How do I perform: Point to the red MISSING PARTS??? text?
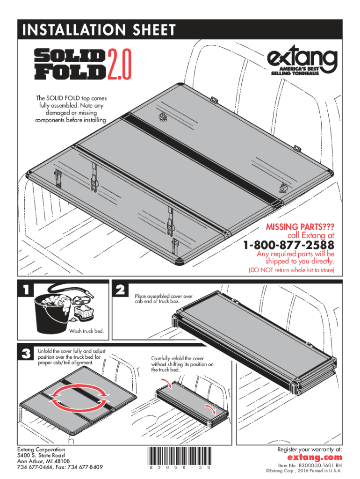(300, 227)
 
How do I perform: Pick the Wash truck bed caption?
(87, 332)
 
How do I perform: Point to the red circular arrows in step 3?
(78, 397)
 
